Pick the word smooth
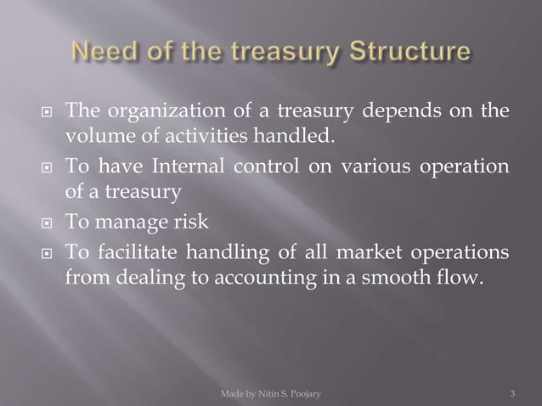(x=411, y=278)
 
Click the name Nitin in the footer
(x=269, y=393)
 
